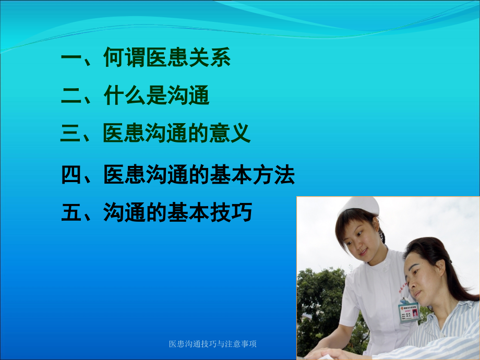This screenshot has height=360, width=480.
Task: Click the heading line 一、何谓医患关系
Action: pos(146,58)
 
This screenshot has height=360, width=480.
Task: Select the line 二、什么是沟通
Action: pos(135,96)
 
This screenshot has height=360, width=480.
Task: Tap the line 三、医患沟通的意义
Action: pos(155,134)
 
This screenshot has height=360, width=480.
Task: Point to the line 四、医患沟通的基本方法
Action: pos(178,175)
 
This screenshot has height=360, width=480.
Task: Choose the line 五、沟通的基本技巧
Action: pos(157,213)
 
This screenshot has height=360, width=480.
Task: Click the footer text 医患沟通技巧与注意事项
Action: pos(213,344)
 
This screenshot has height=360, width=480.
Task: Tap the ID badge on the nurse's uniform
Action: pos(409,311)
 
